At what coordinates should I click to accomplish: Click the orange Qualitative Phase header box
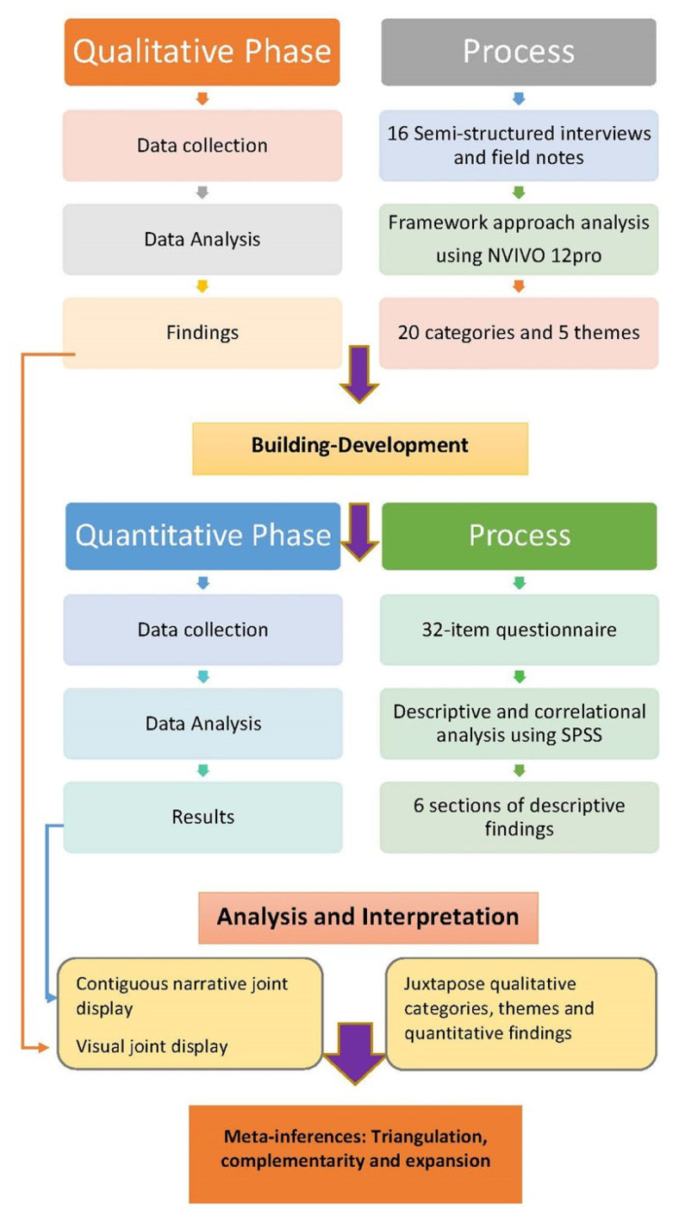[202, 52]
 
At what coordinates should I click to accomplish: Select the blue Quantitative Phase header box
[202, 536]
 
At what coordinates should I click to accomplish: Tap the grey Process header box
[519, 52]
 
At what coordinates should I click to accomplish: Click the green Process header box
[519, 536]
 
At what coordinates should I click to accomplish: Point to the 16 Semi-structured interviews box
[519, 145]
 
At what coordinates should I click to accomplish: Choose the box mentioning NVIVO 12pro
[519, 239]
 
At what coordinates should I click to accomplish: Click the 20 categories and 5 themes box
[519, 333]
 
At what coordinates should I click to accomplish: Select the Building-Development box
[360, 447]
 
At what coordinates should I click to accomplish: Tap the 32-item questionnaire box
[519, 630]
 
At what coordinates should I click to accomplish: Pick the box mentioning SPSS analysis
[519, 723]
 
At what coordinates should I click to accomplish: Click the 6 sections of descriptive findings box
[519, 817]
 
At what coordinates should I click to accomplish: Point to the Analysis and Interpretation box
[368, 917]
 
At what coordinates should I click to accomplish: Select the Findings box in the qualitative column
[202, 333]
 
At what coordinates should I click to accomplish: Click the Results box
[202, 817]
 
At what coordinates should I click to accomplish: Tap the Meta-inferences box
[355, 1150]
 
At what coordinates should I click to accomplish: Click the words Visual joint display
[153, 1047]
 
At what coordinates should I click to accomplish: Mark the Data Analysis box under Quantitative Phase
[202, 723]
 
